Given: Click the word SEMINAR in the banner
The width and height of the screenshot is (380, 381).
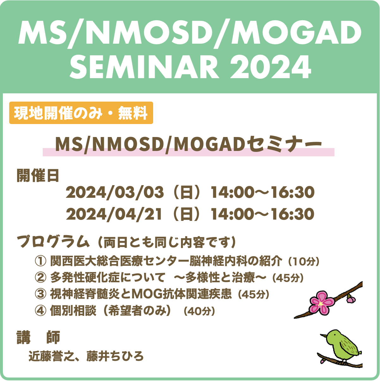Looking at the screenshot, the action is (x=145, y=67).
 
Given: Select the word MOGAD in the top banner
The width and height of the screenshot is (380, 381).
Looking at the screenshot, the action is (x=296, y=33).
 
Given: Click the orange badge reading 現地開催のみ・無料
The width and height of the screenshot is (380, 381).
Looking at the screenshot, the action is (x=81, y=113).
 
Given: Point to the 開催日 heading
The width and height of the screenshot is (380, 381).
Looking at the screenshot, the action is (x=38, y=175).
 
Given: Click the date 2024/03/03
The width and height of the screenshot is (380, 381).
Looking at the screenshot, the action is (x=115, y=192).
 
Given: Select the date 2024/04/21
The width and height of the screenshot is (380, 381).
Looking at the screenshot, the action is (x=114, y=214).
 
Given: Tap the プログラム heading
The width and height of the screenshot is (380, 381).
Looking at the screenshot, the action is (x=53, y=241).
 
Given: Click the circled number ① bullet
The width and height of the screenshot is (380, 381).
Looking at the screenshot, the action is (x=41, y=261).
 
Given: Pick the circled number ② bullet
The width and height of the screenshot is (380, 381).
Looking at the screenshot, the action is (x=41, y=278).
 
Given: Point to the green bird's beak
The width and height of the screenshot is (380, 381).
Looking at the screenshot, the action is (x=323, y=335).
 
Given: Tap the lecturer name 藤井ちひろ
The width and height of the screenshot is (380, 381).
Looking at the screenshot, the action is (x=115, y=356).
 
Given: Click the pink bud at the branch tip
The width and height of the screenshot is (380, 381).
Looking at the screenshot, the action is (x=351, y=299).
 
